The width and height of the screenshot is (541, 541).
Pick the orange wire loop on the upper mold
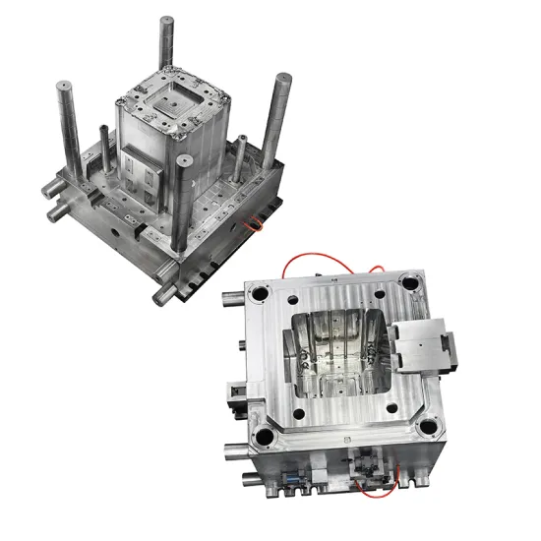254,225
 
